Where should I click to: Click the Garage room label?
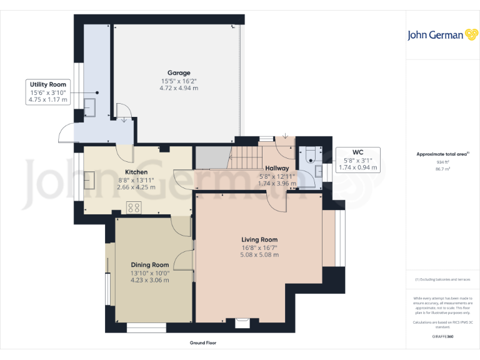tap(178, 73)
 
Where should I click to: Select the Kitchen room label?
tap(136, 172)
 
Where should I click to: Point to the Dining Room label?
tap(150, 265)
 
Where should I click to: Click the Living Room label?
tap(259, 239)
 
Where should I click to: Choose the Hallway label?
tap(277, 168)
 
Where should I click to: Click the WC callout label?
tap(357, 152)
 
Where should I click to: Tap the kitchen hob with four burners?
tap(134, 207)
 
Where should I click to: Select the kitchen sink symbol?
tap(88, 181)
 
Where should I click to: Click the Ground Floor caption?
tap(203, 343)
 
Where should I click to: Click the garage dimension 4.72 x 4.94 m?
tap(178, 88)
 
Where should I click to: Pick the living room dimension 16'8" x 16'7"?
tap(259, 247)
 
